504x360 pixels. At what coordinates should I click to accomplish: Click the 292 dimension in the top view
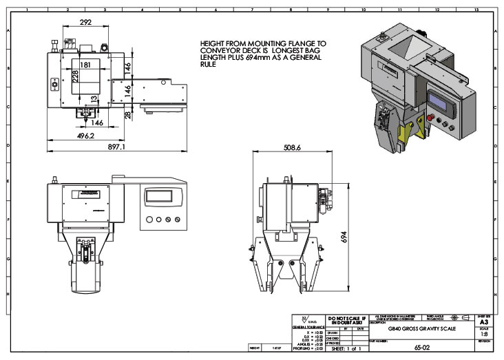(87, 23)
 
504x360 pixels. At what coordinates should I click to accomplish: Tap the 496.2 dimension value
(86, 136)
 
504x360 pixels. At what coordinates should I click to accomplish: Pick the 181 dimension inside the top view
(87, 64)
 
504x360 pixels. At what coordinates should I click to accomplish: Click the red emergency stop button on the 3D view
(431, 118)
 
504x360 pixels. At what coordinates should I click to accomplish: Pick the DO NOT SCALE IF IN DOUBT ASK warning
(345, 318)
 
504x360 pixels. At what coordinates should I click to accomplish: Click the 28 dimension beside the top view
(128, 114)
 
